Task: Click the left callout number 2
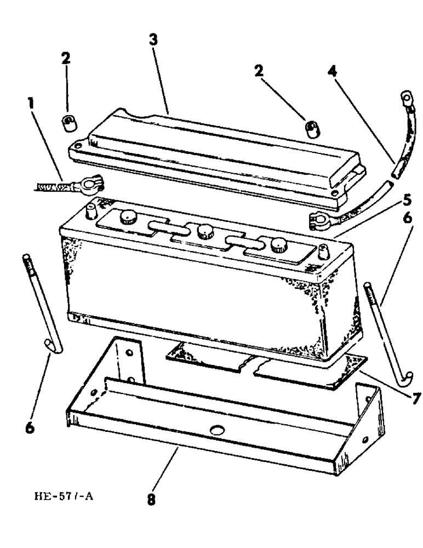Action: click(66, 60)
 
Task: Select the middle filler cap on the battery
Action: click(205, 231)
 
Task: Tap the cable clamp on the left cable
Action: click(88, 184)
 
